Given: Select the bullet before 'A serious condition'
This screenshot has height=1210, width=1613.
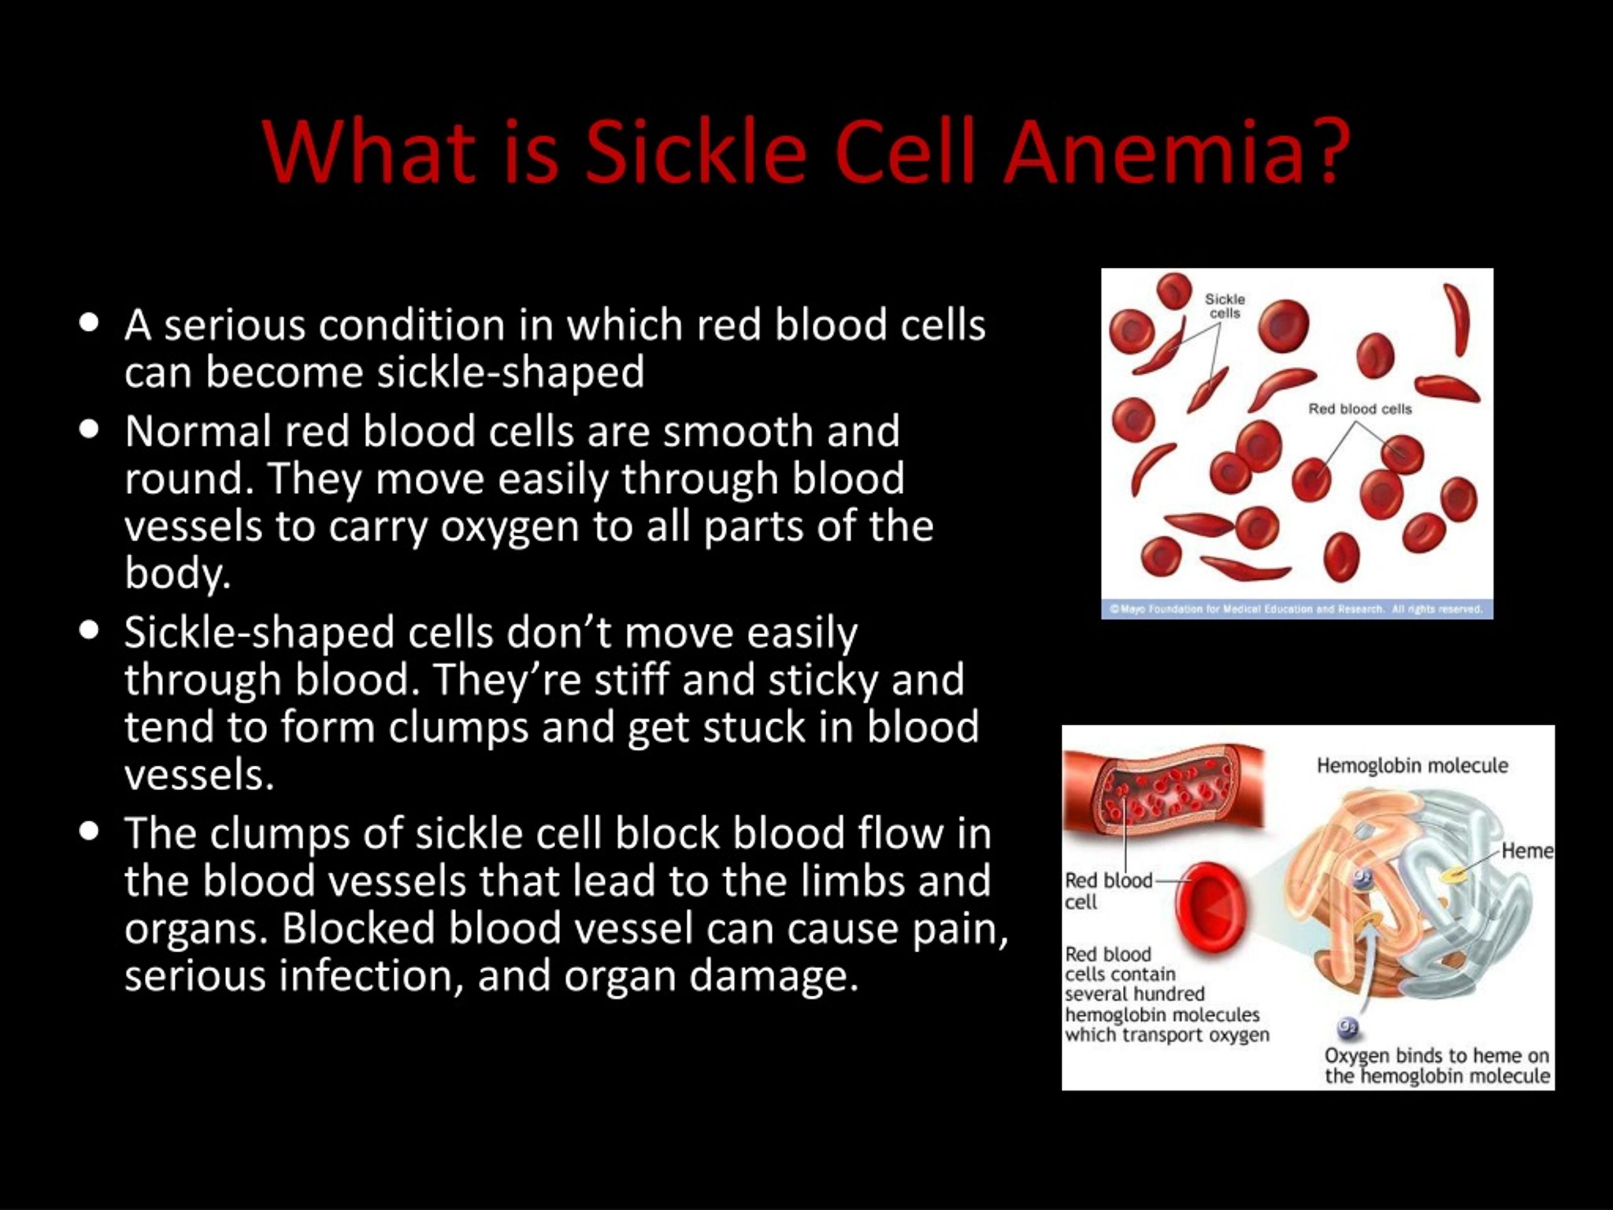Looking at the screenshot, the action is (x=89, y=323).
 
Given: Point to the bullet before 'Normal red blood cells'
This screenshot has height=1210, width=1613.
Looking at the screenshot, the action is (x=89, y=429).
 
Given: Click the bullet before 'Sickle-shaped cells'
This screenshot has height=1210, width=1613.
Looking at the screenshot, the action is (x=89, y=630).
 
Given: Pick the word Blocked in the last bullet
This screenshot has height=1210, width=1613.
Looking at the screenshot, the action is (x=358, y=928).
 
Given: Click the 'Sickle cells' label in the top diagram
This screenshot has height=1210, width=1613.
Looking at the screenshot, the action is (x=1224, y=306).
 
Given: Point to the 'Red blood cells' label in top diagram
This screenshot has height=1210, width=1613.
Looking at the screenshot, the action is (x=1360, y=409).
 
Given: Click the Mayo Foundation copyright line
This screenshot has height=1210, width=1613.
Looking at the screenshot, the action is (x=1297, y=609).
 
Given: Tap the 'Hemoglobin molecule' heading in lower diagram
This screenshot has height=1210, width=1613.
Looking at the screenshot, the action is (x=1412, y=766).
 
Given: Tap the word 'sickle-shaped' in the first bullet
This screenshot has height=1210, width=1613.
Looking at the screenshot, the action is (x=510, y=372).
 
